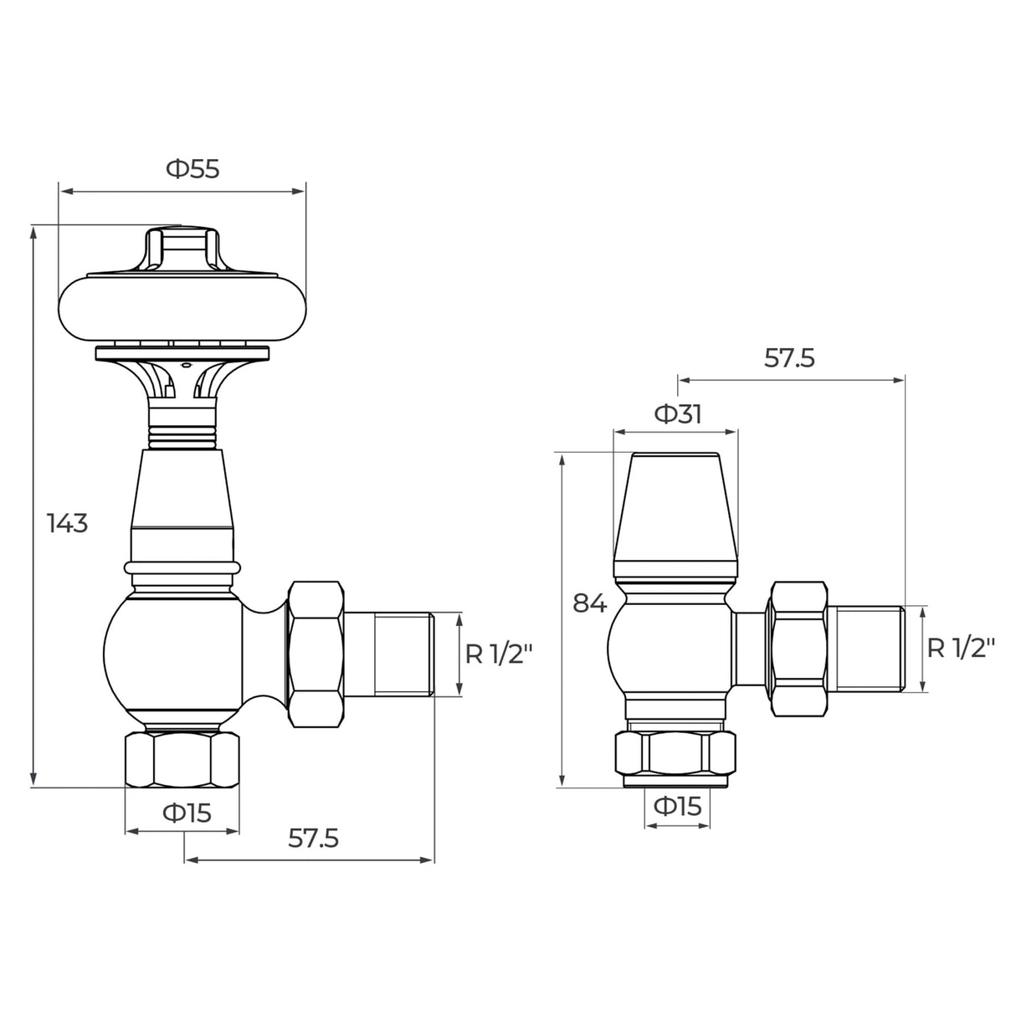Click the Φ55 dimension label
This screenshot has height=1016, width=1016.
pyautogui.click(x=192, y=169)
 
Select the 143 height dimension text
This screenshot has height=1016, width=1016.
pyautogui.click(x=67, y=524)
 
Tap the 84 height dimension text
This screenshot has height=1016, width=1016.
pyautogui.click(x=590, y=603)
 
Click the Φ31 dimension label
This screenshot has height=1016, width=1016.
pyautogui.click(x=677, y=414)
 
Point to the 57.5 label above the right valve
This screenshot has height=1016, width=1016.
pyautogui.click(x=789, y=358)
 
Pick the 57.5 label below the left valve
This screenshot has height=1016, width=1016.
pyautogui.click(x=313, y=838)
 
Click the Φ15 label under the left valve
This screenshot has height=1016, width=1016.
pyautogui.click(x=187, y=812)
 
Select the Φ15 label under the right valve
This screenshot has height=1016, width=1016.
pyautogui.click(x=676, y=806)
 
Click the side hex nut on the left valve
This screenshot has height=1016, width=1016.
pyautogui.click(x=316, y=654)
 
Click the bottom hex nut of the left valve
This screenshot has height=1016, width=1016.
pyautogui.click(x=182, y=760)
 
